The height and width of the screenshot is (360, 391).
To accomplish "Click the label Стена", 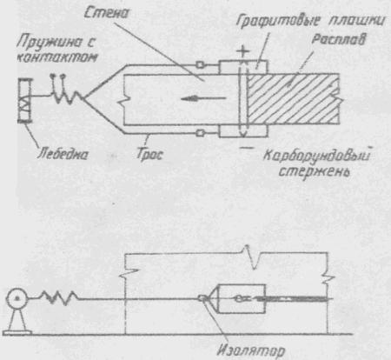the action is click(106, 13).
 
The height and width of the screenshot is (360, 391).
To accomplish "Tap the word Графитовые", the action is click(278, 21).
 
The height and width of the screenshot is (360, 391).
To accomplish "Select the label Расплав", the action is click(339, 40).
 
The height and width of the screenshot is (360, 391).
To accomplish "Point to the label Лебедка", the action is click(63, 154).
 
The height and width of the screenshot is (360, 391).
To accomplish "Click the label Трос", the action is click(149, 154).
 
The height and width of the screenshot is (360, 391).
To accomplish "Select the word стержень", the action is click(315, 171).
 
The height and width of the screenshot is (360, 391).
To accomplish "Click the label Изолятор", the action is click(251, 350).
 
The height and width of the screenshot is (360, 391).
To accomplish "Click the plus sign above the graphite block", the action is click(242, 51).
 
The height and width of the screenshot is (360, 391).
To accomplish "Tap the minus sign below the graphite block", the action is click(247, 148).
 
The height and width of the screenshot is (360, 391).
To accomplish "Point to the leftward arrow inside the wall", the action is click(203, 98).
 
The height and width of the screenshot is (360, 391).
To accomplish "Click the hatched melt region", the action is click(294, 99).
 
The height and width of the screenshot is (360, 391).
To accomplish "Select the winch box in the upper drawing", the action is click(24, 100).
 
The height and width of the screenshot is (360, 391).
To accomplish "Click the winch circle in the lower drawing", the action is click(17, 298).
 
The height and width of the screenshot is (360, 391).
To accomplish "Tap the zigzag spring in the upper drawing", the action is click(68, 97).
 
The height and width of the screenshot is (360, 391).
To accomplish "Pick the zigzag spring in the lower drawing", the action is click(59, 298).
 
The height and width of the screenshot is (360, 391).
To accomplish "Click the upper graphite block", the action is click(243, 67).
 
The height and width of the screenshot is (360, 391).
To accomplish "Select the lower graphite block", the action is click(243, 131).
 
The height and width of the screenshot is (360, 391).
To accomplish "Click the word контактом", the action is click(57, 57).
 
